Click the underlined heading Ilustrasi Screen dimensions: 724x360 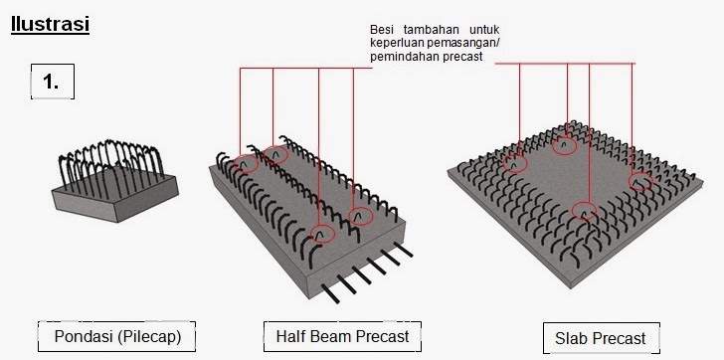tap(50, 24)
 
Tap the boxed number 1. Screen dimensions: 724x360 tap(52, 82)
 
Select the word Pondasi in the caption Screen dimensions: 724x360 tap(84, 336)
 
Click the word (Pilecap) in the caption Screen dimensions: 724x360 tap(149, 337)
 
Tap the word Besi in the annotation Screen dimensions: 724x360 tap(382, 30)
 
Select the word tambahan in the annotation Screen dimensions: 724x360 tap(432, 30)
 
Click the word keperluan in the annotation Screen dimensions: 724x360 tap(396, 44)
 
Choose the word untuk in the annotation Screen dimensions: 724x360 tap(484, 30)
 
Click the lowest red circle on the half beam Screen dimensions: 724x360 tap(321, 234)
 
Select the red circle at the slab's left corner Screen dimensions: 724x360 tap(515, 163)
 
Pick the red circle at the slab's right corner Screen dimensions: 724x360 tap(640, 182)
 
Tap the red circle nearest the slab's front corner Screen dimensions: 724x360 tap(584, 212)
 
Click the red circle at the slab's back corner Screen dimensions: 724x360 tap(564, 146)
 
